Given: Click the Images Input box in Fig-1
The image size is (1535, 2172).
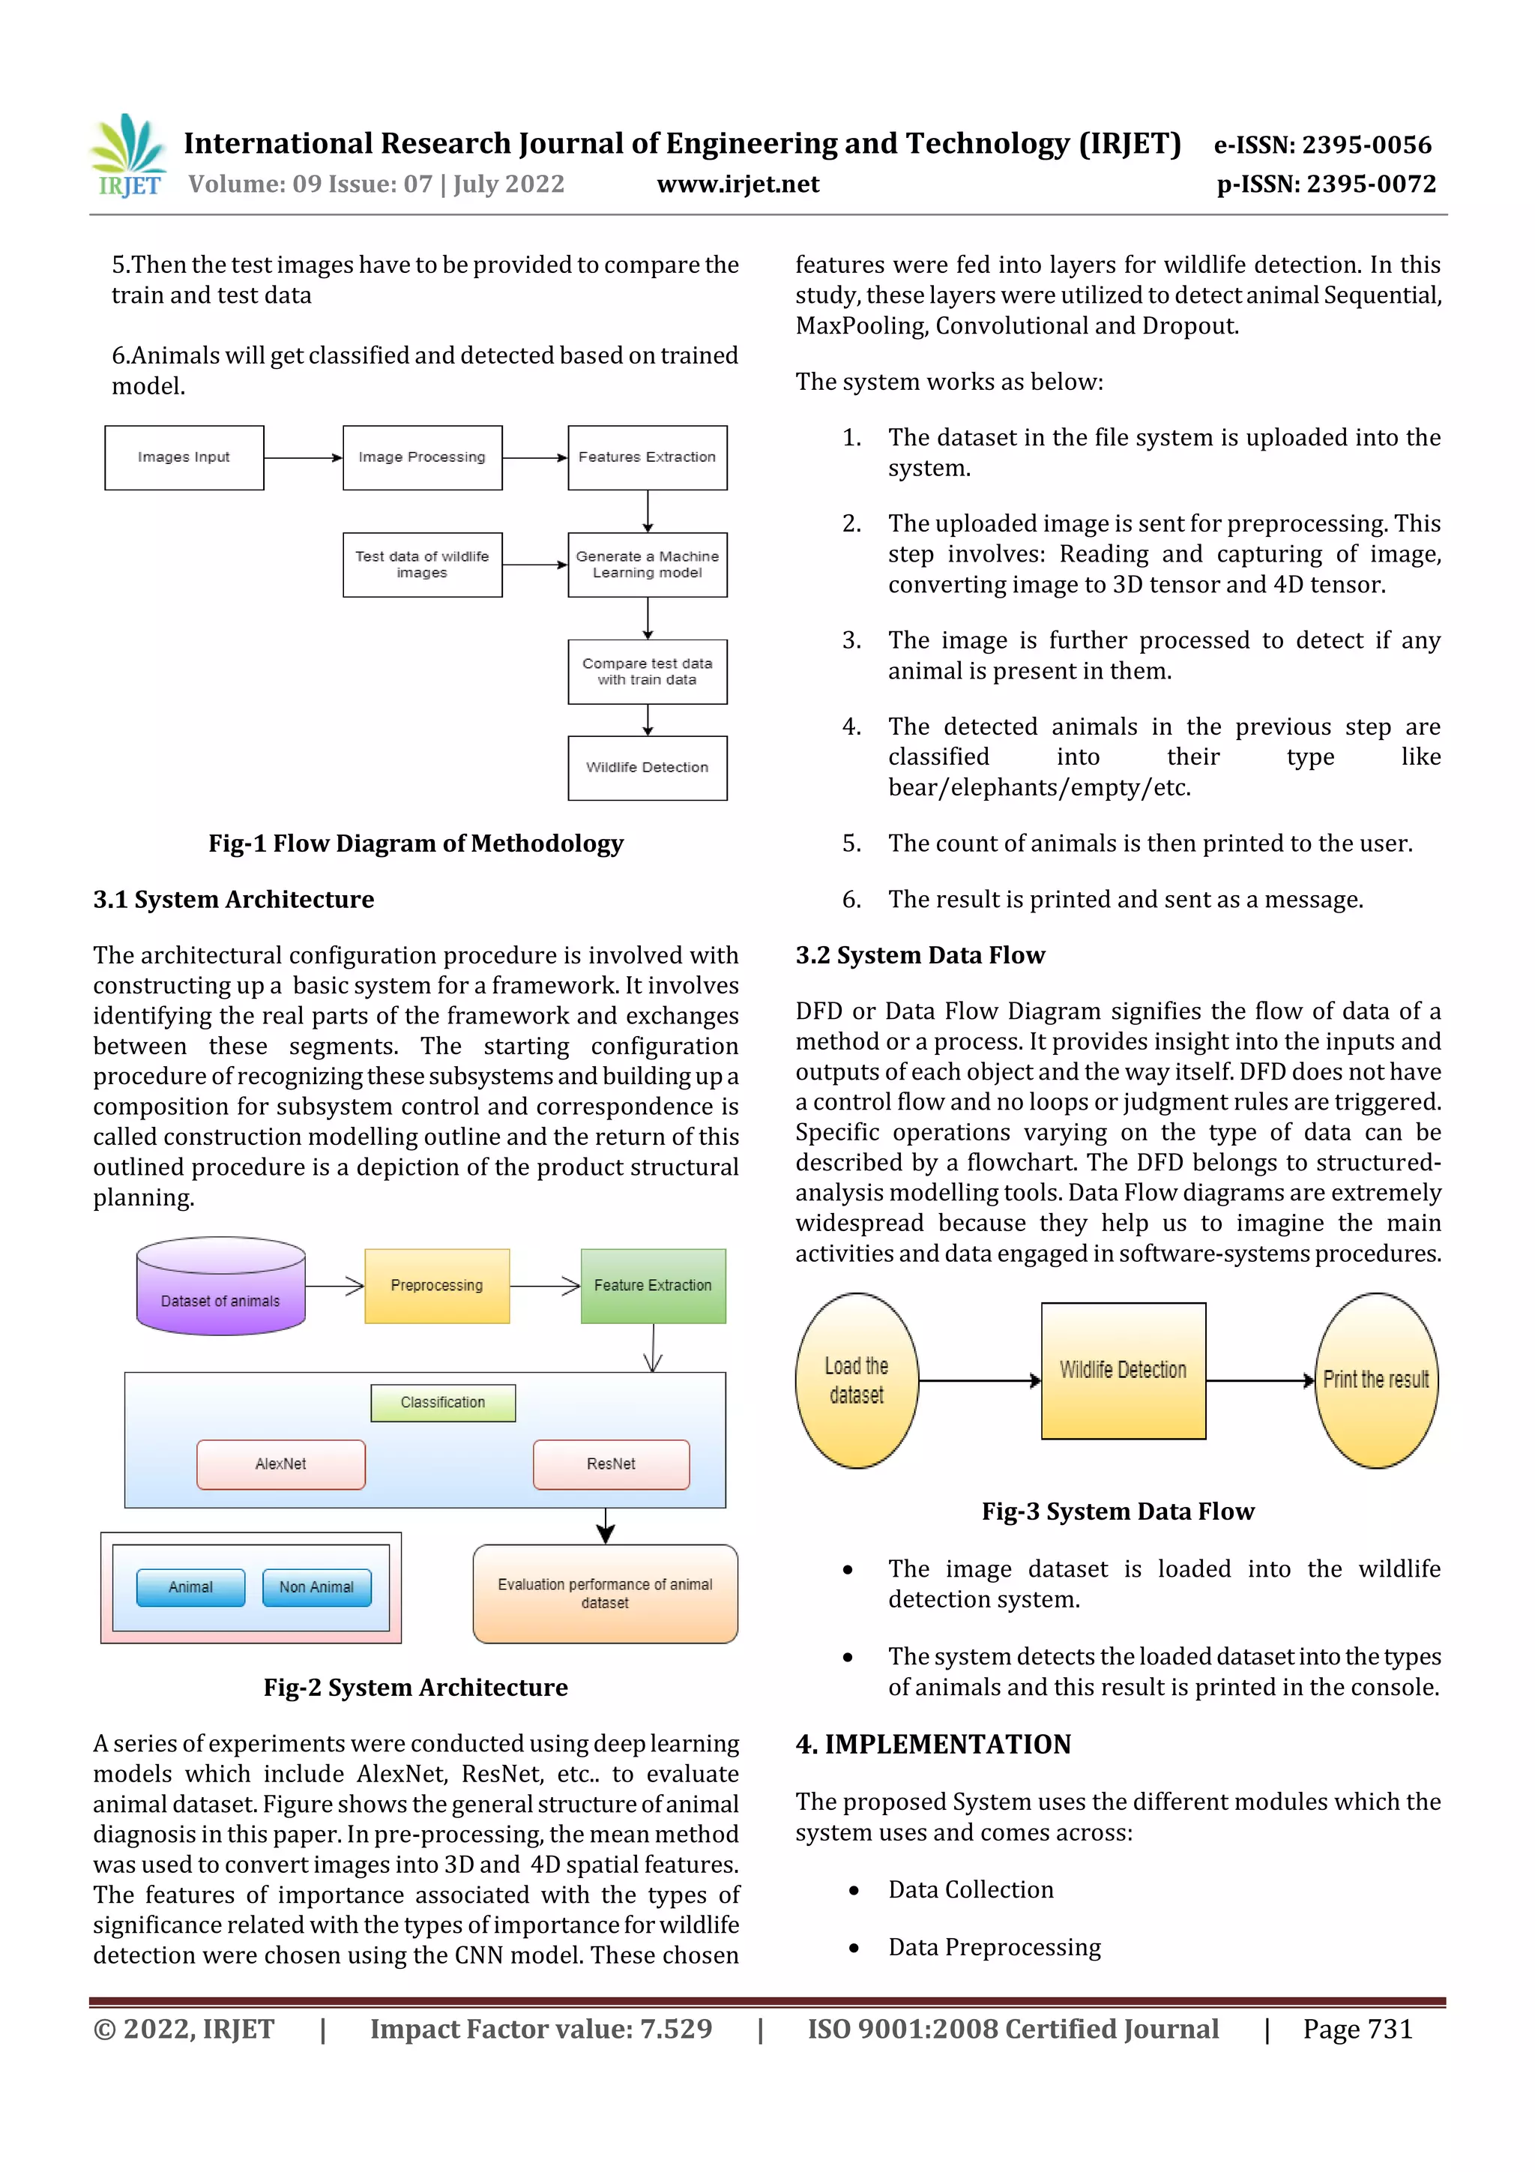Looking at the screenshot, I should [184, 458].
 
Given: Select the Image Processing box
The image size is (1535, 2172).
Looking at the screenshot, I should [422, 458].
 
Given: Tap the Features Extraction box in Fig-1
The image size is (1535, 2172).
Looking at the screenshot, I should [647, 458].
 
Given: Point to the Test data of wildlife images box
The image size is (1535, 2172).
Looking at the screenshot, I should [422, 565].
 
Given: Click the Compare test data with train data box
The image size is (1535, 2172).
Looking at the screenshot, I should [647, 672].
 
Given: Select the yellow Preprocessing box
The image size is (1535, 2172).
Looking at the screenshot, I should [437, 1286].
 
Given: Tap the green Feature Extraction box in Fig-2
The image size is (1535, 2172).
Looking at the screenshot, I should [653, 1286].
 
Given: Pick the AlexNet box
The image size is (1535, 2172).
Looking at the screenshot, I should [281, 1464].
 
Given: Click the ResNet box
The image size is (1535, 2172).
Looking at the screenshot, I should [611, 1464].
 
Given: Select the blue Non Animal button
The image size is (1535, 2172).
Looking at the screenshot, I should [317, 1587].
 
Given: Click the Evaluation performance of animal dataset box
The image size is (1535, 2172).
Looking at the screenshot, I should [606, 1594].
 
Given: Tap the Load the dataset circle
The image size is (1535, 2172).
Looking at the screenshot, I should [856, 1380].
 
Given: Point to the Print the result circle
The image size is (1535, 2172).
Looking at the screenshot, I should [1376, 1380].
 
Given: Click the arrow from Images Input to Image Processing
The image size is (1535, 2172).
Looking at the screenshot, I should [303, 458].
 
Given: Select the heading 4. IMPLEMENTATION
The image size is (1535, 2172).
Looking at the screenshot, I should [932, 1745].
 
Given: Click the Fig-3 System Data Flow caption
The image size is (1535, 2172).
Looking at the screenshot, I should [1118, 1511].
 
